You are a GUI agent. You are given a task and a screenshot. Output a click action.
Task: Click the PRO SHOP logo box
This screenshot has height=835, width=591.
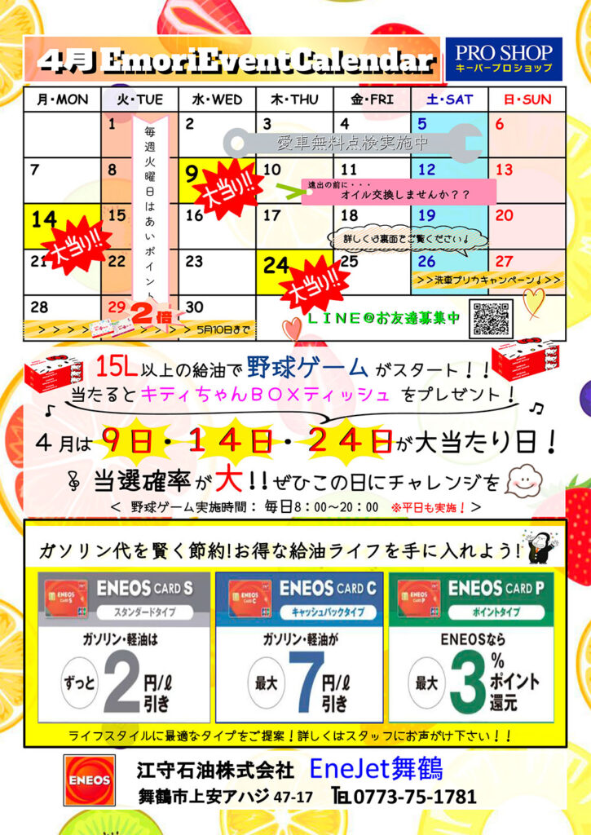[x=503, y=59]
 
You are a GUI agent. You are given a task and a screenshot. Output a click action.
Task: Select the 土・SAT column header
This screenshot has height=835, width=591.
[x=448, y=100]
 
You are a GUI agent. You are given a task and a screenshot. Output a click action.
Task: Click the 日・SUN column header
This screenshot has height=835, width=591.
[x=527, y=100]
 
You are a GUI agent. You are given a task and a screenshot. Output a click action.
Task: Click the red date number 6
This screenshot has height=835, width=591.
[x=500, y=125]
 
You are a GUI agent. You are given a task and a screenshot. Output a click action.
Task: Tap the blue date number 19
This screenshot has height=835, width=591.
[x=426, y=215]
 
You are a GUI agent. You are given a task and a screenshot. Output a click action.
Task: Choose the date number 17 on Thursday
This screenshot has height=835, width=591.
[x=271, y=215]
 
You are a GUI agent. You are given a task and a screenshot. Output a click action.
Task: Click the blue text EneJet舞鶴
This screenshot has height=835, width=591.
[x=377, y=768]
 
